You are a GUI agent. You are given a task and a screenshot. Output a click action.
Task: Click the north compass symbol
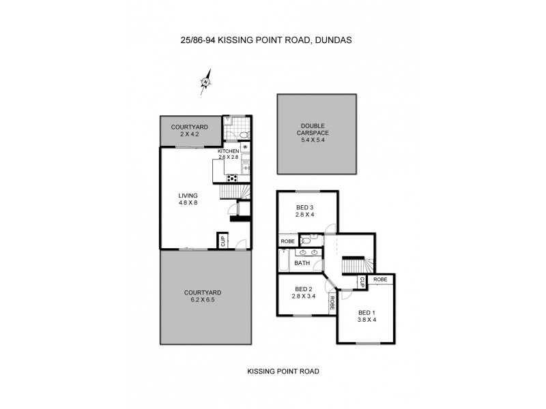pos(205,81)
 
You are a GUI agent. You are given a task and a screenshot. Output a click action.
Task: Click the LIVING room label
pos(188,198)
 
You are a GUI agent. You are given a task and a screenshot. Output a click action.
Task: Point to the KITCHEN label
pos(228,151)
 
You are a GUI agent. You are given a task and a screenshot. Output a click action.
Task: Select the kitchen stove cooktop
pos(232,179)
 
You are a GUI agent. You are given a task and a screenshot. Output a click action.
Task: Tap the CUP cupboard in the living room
pos(222,240)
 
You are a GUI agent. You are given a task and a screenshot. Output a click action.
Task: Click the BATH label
pos(301,262)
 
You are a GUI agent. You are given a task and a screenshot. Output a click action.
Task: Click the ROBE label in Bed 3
pos(287,241)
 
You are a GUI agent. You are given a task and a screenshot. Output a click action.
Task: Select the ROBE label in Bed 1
pos(380,279)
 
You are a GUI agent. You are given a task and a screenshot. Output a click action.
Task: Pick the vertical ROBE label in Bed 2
pos(332,301)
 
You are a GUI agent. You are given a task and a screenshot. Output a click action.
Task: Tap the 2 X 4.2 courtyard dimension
pos(185,134)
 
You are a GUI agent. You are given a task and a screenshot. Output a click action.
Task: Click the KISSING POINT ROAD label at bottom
pos(283,372)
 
